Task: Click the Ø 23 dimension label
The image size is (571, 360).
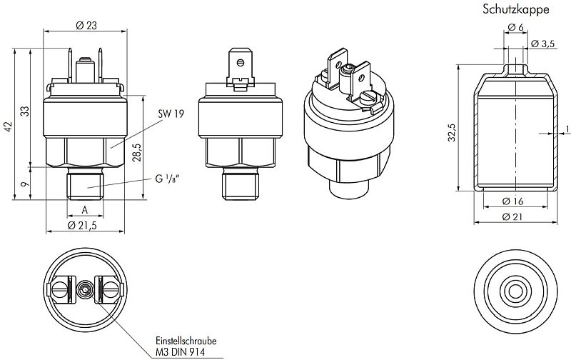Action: click(x=86, y=25)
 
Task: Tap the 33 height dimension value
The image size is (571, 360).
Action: click(x=25, y=111)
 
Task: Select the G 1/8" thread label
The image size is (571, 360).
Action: click(x=168, y=179)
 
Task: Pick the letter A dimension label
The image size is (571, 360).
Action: click(x=86, y=210)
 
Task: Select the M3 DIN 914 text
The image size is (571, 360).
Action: click(x=178, y=352)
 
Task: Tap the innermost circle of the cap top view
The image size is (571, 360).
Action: click(x=512, y=291)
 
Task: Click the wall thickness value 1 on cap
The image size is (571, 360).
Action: click(x=566, y=129)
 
